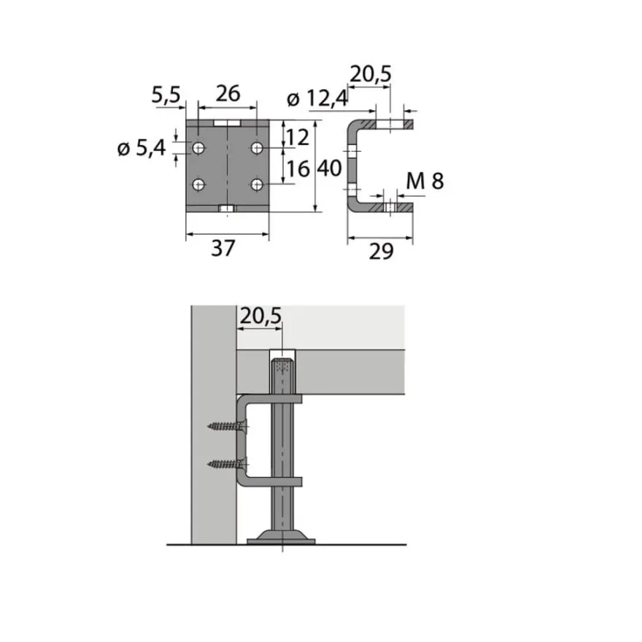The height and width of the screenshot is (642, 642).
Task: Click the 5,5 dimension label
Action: tap(166, 95)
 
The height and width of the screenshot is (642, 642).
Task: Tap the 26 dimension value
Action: tap(228, 94)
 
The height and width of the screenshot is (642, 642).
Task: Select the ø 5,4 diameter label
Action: tap(142, 148)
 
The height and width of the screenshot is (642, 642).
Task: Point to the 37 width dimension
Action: tap(223, 248)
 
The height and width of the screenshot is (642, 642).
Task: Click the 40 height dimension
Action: tap(329, 169)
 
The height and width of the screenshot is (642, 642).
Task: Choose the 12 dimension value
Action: tap(298, 138)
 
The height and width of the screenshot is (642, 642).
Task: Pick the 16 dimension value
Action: tap(298, 169)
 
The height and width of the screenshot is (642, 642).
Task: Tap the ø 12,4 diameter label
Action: tap(318, 98)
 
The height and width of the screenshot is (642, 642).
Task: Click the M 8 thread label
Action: tap(425, 182)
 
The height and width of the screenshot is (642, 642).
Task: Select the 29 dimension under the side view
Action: tap(381, 251)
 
